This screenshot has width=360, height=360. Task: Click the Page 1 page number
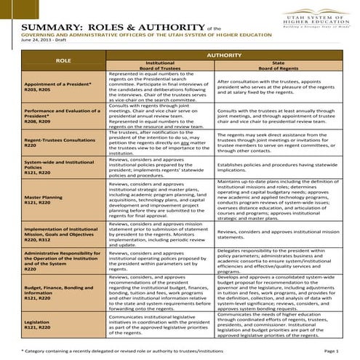pos(342,351)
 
